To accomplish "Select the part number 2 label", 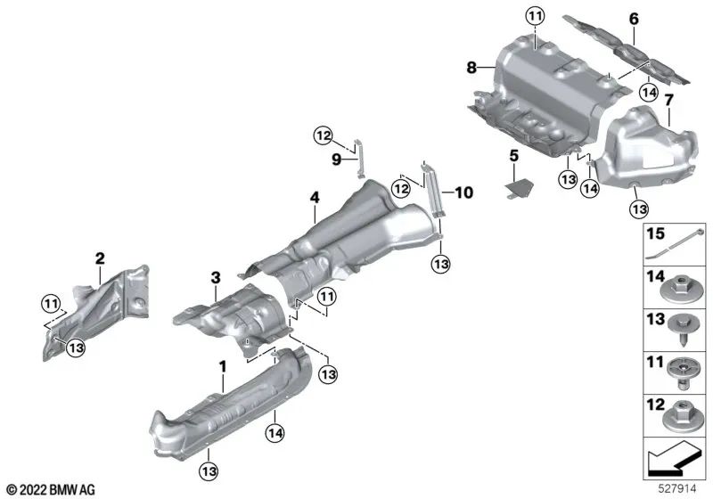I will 101,258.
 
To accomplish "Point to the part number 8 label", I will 471,66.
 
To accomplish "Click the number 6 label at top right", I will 634,18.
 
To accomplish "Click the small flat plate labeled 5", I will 518,188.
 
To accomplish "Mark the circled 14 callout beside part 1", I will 275,433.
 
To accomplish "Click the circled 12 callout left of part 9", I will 324,135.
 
